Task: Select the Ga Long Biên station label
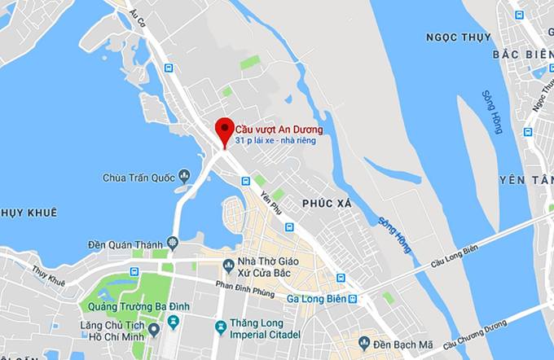tap(316, 299)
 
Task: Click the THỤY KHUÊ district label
tap(29, 213)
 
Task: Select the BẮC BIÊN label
tap(522, 54)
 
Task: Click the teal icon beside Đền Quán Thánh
tap(172, 242)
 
